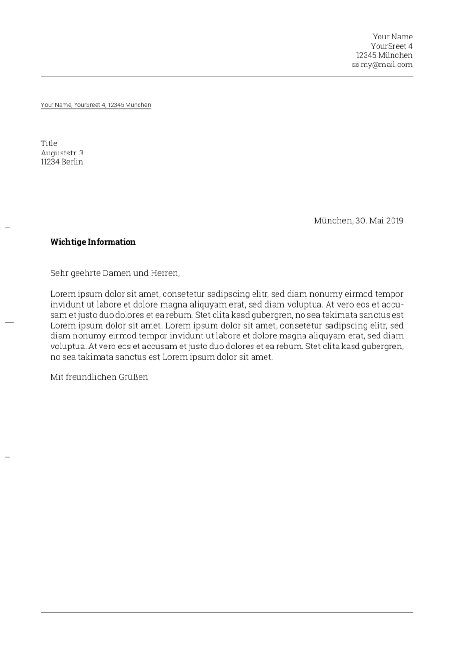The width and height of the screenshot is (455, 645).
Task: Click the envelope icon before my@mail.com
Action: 355,65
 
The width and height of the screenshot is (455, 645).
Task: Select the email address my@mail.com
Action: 387,64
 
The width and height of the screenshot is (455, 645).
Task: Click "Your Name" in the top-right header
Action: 392,37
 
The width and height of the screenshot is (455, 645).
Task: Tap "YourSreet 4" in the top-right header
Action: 392,46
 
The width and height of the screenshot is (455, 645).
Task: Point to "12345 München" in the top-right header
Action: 384,55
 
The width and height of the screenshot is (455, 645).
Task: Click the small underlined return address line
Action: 96,105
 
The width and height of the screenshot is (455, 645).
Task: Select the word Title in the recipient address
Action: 49,143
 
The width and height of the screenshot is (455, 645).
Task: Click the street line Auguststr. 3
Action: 62,153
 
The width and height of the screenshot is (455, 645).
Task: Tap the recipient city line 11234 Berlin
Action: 62,162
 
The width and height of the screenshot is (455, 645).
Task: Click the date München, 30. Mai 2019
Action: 358,221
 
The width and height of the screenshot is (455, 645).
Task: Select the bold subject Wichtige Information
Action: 93,242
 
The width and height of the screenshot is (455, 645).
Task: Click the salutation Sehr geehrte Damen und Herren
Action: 115,273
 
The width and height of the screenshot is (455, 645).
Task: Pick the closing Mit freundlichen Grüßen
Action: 99,377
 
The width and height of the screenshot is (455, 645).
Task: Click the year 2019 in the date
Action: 394,221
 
